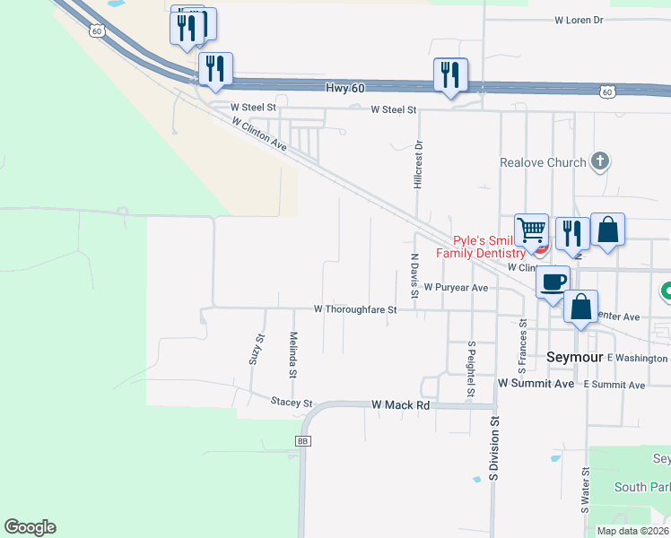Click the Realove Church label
coord(543,162)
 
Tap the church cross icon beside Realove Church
coord(600,162)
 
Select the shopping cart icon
coord(531,231)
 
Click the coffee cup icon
coord(553,281)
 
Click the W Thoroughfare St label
coord(354,308)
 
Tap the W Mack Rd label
coord(401,405)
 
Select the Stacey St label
coord(291,403)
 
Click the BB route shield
coord(302,441)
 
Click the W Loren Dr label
coord(579,19)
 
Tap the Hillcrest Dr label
coord(418,164)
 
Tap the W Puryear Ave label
coord(456,288)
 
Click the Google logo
coord(30,527)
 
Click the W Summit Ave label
coord(536,383)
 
